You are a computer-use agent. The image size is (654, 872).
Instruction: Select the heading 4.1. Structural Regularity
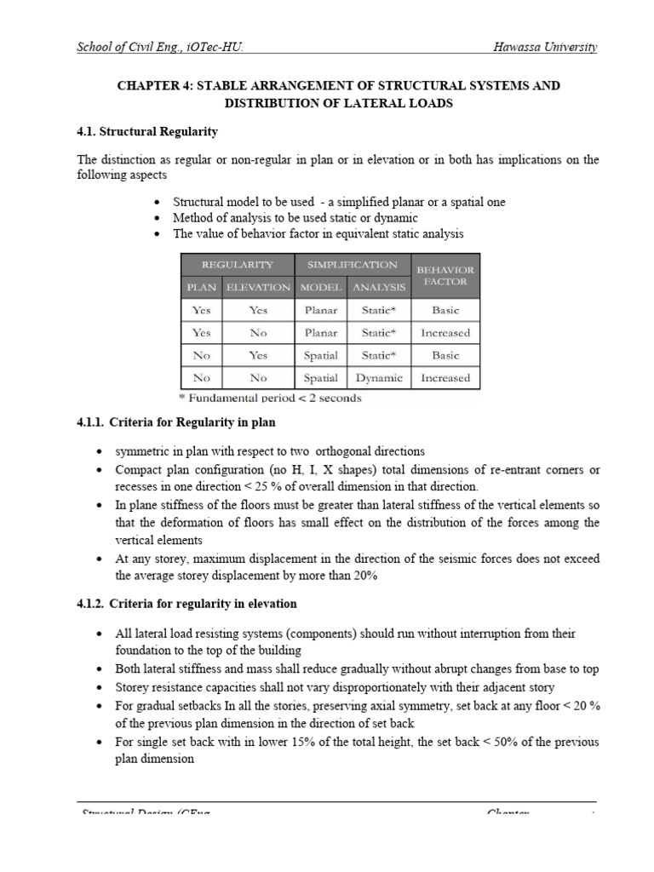147,132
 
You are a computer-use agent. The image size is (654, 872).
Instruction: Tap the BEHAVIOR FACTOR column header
445,275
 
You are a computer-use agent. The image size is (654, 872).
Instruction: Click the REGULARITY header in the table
237,265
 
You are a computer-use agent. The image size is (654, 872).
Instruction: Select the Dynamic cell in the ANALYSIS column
378,377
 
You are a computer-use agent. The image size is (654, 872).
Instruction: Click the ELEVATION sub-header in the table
258,287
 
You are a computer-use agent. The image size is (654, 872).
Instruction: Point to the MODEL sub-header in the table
320,287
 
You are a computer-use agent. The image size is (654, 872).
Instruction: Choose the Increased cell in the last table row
445,377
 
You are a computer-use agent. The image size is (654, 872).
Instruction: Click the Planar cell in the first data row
320,311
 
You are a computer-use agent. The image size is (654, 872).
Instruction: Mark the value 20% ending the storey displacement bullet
363,576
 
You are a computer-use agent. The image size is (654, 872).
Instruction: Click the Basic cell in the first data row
445,311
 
